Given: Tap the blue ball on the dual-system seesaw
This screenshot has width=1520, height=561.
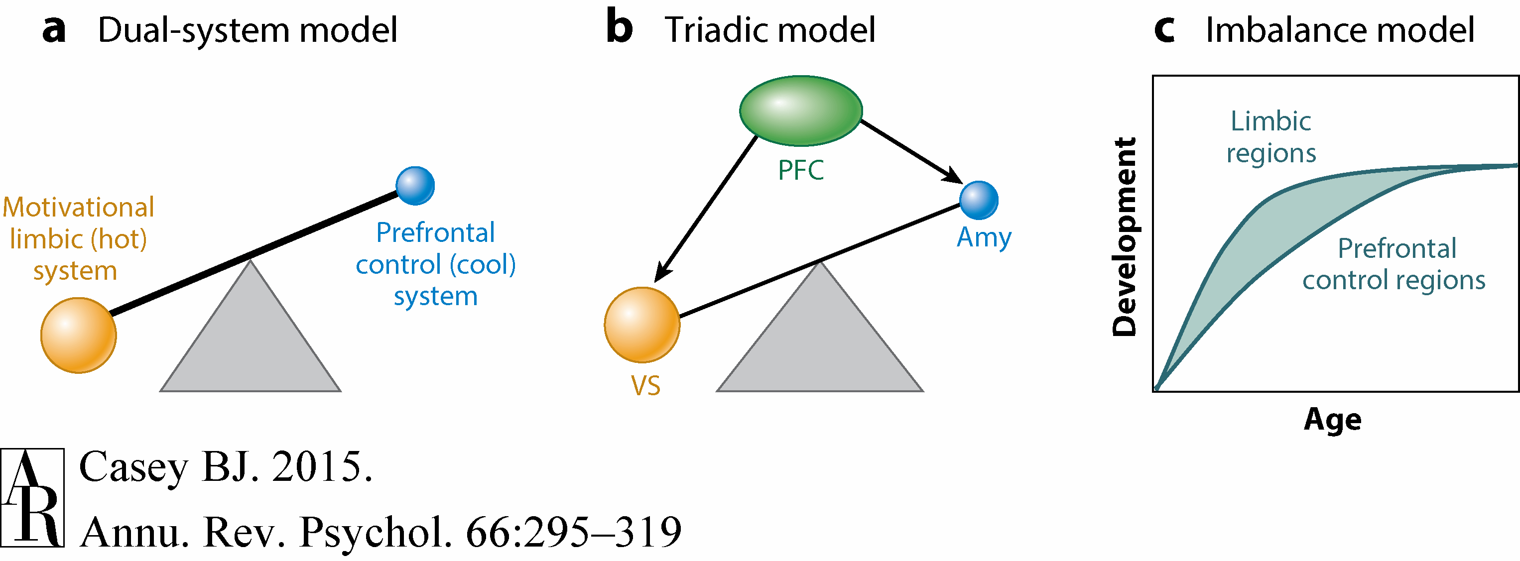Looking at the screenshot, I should (415, 186).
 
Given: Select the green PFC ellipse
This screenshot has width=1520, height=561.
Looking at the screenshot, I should (801, 111).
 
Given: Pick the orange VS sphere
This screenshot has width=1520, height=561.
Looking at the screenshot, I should (642, 325).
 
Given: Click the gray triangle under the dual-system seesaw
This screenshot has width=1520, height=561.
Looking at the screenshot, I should (250, 342).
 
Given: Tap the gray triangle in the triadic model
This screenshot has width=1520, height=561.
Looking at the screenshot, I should (820, 342).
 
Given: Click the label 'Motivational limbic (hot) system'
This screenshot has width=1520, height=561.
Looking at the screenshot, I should (78, 239).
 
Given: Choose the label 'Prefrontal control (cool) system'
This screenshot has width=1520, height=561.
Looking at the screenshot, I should (435, 264).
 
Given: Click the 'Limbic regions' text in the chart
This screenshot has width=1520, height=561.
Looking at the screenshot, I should (1271, 137).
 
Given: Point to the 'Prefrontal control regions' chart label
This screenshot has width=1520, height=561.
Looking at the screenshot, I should (1393, 264).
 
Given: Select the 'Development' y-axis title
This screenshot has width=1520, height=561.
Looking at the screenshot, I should (1124, 236).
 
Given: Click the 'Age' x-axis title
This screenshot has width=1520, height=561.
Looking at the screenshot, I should (1332, 420).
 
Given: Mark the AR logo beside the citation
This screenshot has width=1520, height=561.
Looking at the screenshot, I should (32, 497).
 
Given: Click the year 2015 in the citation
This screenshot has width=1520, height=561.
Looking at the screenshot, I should (322, 467).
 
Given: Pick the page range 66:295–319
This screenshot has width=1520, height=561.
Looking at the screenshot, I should (574, 532).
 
